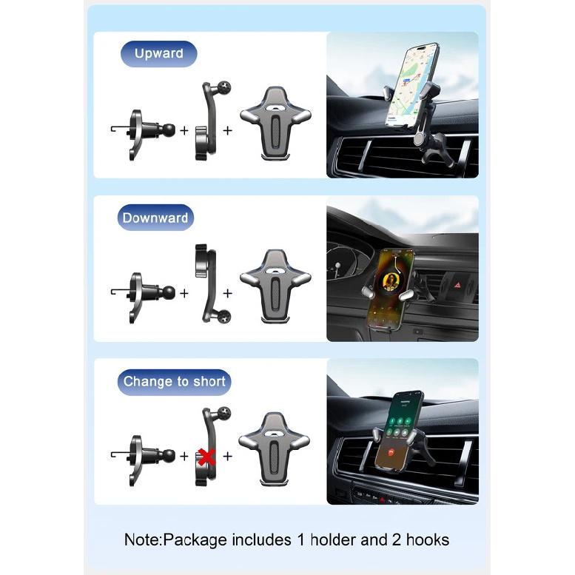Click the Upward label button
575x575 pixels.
point(159,54)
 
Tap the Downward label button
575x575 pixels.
point(155,218)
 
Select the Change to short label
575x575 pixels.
point(174,382)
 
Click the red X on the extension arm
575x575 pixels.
point(206,457)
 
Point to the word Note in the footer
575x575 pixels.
point(142,539)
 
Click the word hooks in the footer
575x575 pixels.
point(428,539)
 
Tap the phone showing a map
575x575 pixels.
point(411,86)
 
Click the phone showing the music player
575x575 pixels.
point(390,289)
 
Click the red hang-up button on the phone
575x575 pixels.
point(391,452)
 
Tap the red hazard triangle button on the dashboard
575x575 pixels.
point(457,285)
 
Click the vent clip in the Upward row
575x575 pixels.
point(143,135)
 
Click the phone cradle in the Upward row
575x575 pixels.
point(275,124)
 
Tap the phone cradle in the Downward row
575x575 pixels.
point(275,286)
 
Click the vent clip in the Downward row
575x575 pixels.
point(143,297)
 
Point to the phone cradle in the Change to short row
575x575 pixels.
point(275,449)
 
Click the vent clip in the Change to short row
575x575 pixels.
point(143,460)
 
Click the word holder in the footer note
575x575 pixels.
point(333,539)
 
